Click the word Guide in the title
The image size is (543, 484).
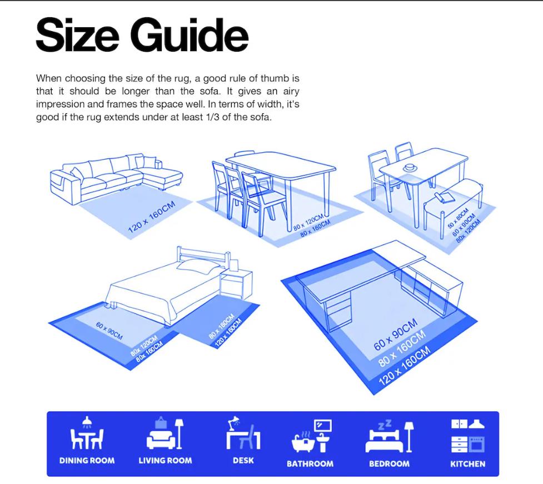tap(189, 35)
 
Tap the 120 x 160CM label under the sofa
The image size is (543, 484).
tap(152, 217)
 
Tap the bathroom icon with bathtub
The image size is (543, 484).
tap(312, 436)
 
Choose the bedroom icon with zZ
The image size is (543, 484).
tap(389, 436)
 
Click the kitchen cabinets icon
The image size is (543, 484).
tap(468, 436)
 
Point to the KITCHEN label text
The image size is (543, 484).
tap(468, 464)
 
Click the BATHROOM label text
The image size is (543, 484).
tap(310, 464)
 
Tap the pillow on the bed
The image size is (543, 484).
tap(198, 266)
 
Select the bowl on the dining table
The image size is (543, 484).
tap(410, 167)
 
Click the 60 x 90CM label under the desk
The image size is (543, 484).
tap(396, 335)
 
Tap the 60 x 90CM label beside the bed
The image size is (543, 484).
tap(109, 331)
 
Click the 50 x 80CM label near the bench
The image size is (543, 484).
tap(458, 218)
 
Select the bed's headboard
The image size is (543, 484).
tap(203, 257)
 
